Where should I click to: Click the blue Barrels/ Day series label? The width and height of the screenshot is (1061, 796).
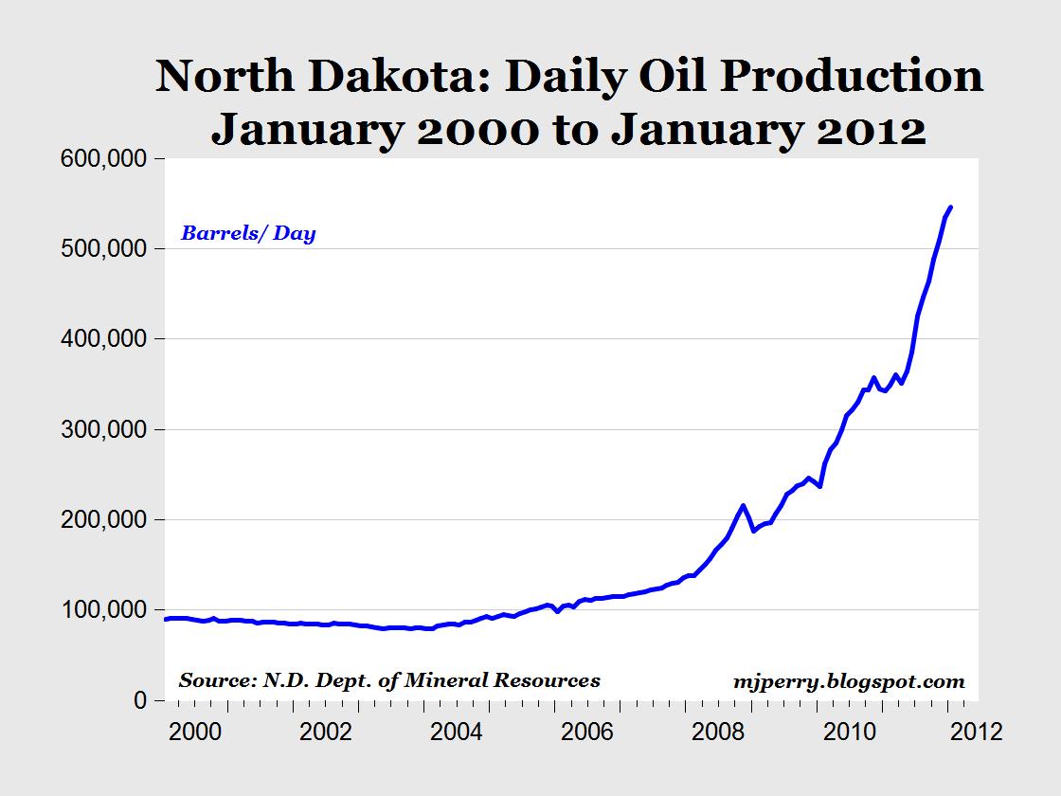tap(248, 233)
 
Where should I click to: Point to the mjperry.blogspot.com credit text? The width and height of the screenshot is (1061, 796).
tap(849, 680)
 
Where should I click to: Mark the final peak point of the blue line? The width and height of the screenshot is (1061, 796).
tap(950, 207)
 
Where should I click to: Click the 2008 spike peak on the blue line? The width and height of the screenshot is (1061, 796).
tap(743, 505)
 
